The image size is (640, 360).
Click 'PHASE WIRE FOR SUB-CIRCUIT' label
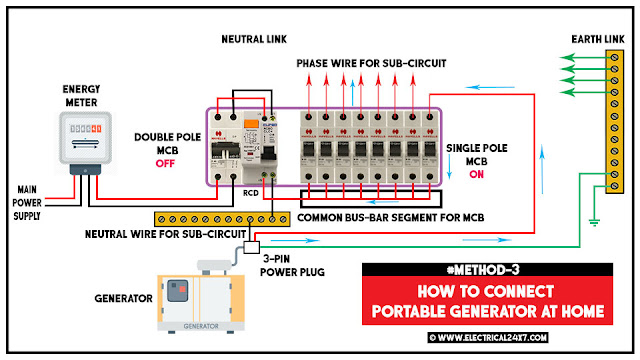coord(370,63)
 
